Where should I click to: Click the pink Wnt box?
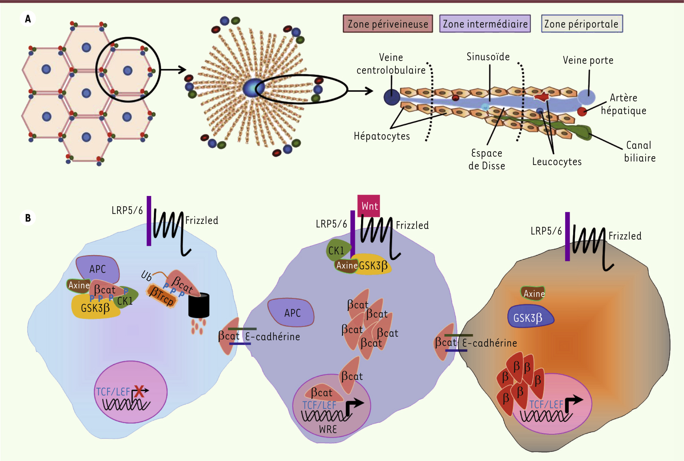coord(369,206)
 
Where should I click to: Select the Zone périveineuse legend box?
coord(388,24)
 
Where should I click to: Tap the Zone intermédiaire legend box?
coord(485,24)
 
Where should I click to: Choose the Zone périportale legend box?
coord(582,24)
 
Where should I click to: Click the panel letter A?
coord(28,19)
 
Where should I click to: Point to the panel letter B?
coord(28,218)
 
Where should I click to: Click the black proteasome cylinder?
coord(199,305)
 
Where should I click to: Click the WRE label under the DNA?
coord(328,429)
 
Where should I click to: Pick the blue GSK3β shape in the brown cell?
coord(530,318)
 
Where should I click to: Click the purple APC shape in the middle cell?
coord(292,312)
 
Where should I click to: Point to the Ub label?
coord(146,276)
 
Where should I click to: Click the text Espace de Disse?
coord(487,159)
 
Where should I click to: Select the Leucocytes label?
coord(557,162)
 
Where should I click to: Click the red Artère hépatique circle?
coord(582,111)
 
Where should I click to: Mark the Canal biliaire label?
coord(639,151)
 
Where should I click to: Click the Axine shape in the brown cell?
coord(533,293)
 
